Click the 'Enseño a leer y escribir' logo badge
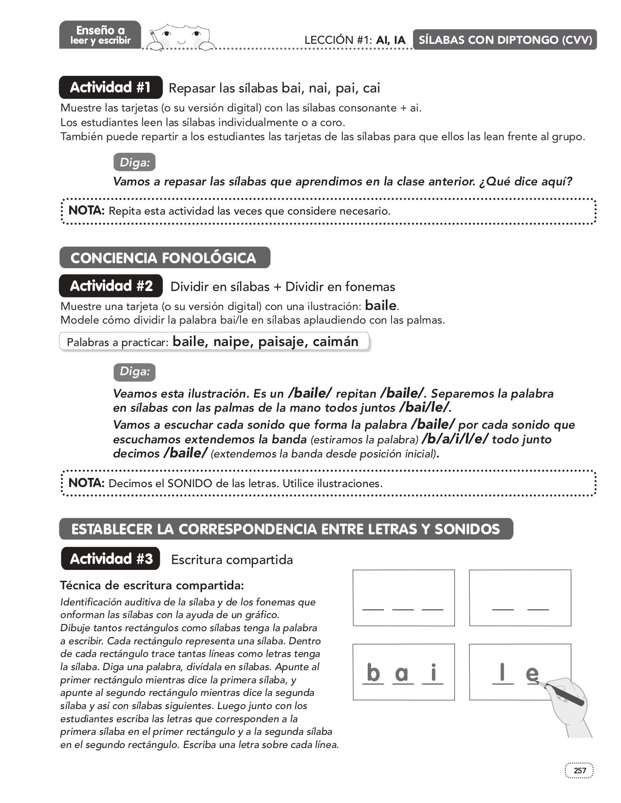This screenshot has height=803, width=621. (100, 35)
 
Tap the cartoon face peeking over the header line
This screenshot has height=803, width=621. (181, 36)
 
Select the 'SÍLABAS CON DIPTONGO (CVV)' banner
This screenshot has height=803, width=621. (505, 40)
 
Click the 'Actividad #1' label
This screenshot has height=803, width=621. (111, 88)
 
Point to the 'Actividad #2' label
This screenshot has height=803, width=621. (111, 286)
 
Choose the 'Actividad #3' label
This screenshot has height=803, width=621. (111, 559)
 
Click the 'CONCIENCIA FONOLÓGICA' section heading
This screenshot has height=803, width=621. (164, 258)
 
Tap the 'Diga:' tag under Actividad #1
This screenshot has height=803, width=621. (134, 163)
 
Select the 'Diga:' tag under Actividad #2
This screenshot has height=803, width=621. (134, 372)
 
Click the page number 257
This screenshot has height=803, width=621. (580, 770)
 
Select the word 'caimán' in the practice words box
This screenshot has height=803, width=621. (336, 342)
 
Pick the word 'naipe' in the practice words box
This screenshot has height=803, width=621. (232, 342)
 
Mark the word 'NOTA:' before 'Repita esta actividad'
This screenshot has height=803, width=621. (87, 211)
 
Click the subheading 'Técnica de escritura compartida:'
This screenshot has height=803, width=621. (152, 585)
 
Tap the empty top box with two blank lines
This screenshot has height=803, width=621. (520, 598)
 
